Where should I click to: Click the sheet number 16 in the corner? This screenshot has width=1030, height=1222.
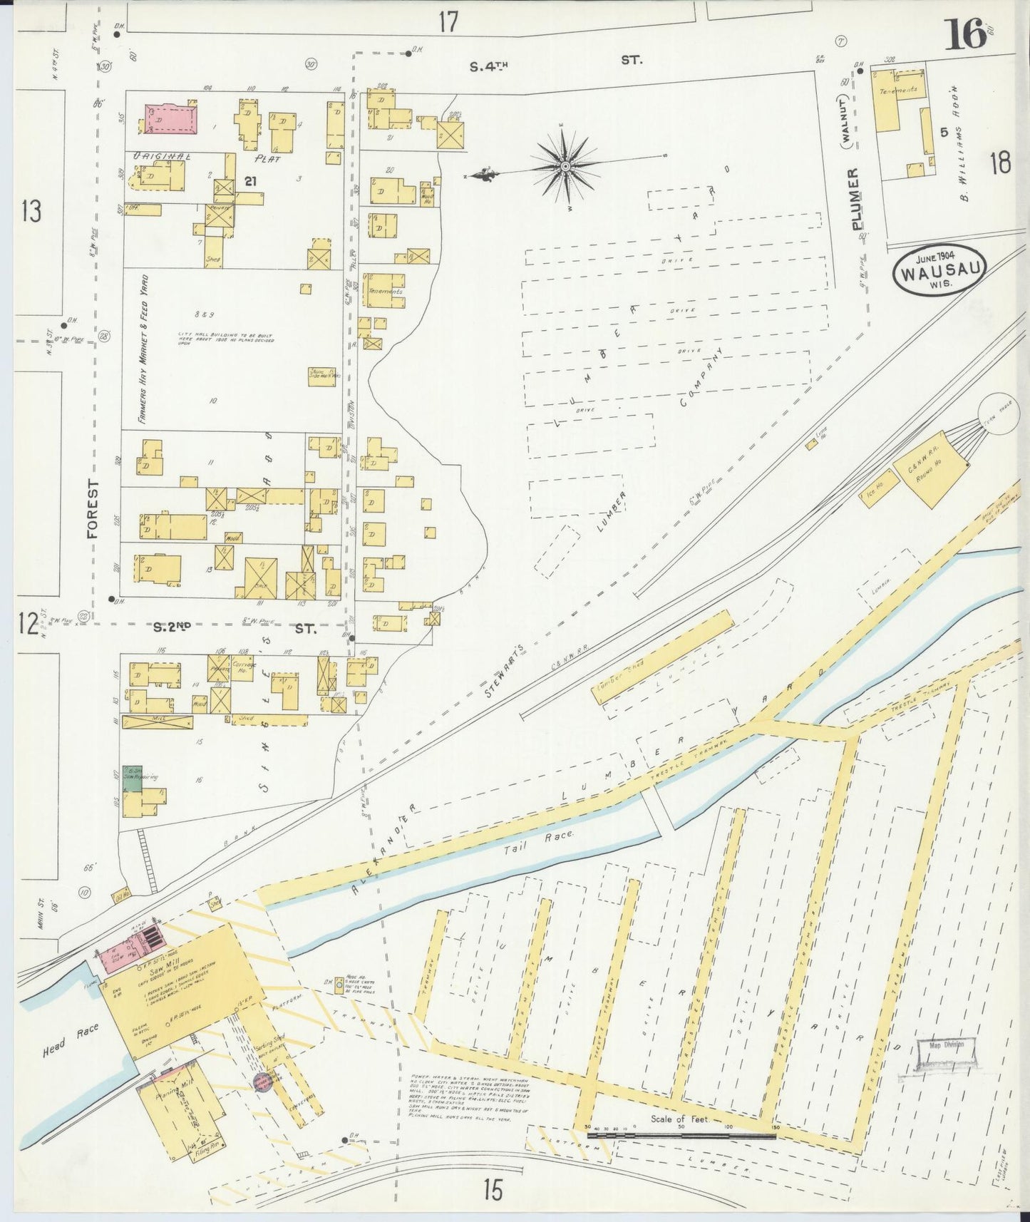pyautogui.click(x=966, y=34)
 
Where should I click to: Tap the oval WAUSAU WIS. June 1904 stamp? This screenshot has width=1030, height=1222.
pyautogui.click(x=938, y=270)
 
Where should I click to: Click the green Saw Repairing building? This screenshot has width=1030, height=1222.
pyautogui.click(x=131, y=779)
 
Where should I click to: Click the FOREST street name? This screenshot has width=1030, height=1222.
pyautogui.click(x=93, y=508)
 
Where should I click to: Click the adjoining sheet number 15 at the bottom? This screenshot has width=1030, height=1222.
pyautogui.click(x=491, y=1190)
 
